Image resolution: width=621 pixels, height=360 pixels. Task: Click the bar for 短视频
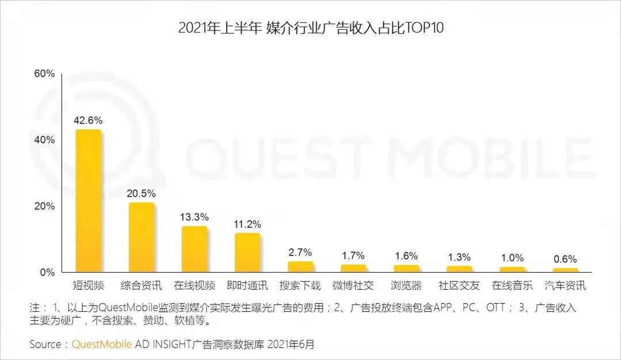(89, 201)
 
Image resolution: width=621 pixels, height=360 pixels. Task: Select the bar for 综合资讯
(141, 237)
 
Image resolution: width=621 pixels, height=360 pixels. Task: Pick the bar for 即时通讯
(247, 252)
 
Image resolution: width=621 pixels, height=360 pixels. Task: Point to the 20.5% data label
(141, 193)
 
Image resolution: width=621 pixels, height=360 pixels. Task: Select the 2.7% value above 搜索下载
(300, 252)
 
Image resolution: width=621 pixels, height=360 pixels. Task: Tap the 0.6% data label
(565, 259)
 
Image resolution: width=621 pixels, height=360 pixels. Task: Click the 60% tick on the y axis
(44, 74)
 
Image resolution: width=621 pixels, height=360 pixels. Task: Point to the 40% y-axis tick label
(44, 140)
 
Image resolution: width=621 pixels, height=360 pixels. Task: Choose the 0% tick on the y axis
(47, 272)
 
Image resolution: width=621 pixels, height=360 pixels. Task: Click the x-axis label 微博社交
(353, 285)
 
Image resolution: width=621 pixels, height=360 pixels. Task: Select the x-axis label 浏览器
(406, 285)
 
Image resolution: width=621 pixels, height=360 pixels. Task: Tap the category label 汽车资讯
(565, 285)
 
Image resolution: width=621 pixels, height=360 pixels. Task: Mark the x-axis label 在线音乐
(512, 285)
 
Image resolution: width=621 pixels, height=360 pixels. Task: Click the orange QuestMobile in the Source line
(102, 344)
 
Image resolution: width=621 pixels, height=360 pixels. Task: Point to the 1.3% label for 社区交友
(459, 256)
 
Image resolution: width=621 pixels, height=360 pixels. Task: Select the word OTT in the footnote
(495, 308)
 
